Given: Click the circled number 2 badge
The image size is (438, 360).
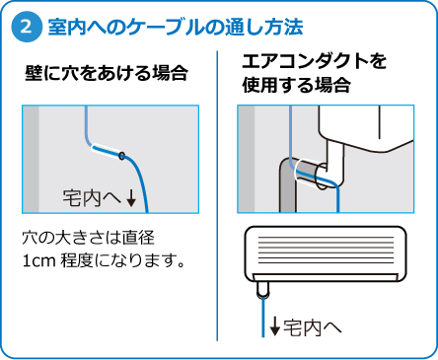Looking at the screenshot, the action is click(x=27, y=27).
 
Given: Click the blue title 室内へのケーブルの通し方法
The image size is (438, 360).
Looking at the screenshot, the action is click(x=176, y=27).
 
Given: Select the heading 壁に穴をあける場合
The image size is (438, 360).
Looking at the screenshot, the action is click(x=107, y=73).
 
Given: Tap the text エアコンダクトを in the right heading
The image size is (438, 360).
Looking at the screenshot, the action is click(x=314, y=61).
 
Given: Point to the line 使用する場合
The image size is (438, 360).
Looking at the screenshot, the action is click(x=296, y=85).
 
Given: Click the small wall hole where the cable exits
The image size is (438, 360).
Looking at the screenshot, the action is click(x=122, y=156).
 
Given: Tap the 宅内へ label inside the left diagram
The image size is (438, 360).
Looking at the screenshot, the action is click(x=92, y=198).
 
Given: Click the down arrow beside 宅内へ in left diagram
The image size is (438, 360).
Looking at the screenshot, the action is click(x=131, y=198).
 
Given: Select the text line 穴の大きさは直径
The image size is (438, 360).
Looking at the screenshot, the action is click(x=88, y=238).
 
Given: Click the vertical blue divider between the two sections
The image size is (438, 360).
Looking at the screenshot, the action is click(x=217, y=195).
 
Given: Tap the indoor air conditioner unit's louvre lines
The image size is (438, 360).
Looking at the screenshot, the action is click(x=326, y=250).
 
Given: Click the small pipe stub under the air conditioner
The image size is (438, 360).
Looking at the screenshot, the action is click(x=262, y=289).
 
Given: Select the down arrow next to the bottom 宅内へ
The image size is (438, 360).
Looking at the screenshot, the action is click(x=274, y=326).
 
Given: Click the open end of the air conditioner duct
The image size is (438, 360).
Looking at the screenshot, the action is click(x=322, y=177).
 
